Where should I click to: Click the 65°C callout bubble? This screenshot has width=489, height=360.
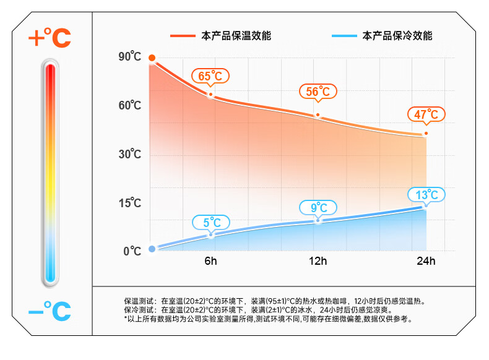pyautogui.click(x=210, y=76)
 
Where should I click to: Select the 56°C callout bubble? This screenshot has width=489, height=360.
pyautogui.click(x=318, y=92)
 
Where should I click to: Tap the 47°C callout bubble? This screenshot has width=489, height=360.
pyautogui.click(x=426, y=114)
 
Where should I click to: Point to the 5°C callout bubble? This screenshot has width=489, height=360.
pyautogui.click(x=211, y=222)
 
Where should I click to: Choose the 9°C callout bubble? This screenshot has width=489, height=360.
pyautogui.click(x=318, y=207)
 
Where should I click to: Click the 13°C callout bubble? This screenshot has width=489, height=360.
pyautogui.click(x=426, y=195)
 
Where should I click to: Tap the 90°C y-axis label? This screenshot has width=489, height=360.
pyautogui.click(x=130, y=57)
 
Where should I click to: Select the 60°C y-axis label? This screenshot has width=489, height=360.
pyautogui.click(x=130, y=106)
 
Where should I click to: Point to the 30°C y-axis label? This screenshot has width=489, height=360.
pyautogui.click(x=130, y=154)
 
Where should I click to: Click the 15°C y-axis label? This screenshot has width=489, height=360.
pyautogui.click(x=130, y=203)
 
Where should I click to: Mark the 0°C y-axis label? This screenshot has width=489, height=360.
pyautogui.click(x=132, y=251)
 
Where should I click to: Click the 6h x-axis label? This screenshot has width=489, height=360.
pyautogui.click(x=211, y=261)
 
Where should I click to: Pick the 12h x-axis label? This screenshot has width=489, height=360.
pyautogui.click(x=318, y=261)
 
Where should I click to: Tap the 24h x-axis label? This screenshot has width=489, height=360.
pyautogui.click(x=426, y=261)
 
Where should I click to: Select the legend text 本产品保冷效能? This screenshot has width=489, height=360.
pyautogui.click(x=397, y=36)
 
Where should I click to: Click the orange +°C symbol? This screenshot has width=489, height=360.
pyautogui.click(x=50, y=39)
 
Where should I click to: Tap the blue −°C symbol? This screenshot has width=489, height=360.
pyautogui.click(x=50, y=310)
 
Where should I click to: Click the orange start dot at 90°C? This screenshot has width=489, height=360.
pyautogui.click(x=152, y=58)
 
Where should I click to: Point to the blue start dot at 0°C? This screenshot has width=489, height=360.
pyautogui.click(x=152, y=250)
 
